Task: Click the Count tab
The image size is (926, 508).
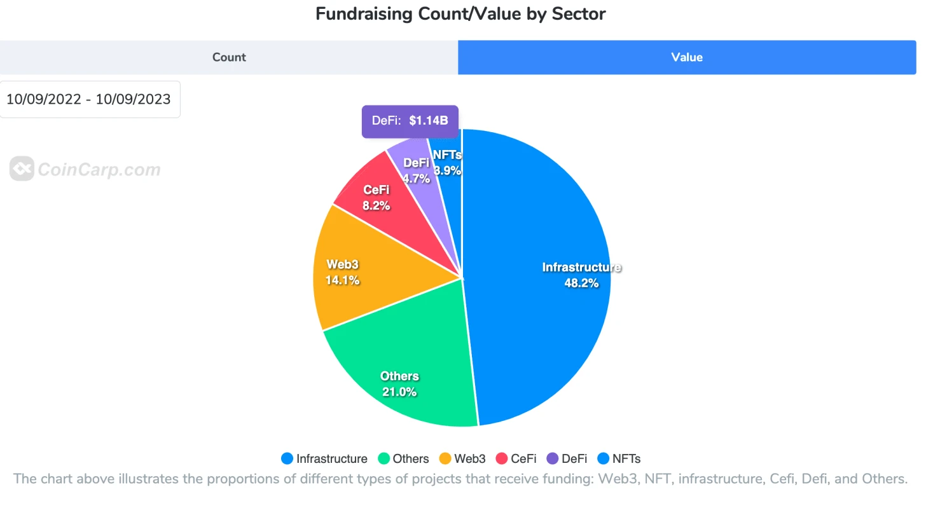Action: [229, 57]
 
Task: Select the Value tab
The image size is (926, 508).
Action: [687, 57]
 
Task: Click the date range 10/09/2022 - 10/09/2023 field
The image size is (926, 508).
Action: [89, 99]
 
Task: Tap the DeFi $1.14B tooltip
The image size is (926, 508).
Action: [410, 121]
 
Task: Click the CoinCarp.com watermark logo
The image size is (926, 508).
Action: [85, 170]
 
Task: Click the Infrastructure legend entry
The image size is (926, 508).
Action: [324, 458]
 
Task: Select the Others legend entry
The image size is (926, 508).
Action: [403, 458]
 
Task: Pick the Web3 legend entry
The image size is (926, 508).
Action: [462, 458]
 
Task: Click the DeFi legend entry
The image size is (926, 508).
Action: [566, 458]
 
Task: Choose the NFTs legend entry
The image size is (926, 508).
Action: [618, 458]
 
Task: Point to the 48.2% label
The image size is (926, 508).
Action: [581, 284]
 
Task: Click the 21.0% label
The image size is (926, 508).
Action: [399, 392]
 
